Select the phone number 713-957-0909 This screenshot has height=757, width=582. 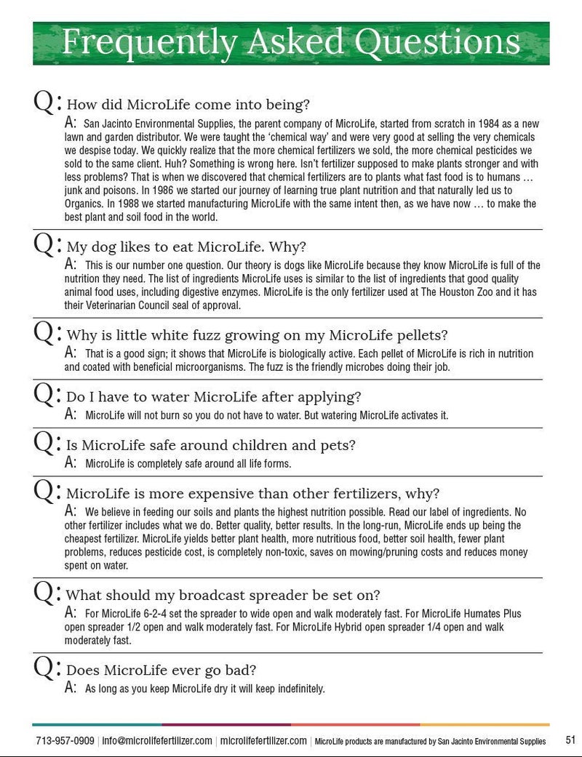[65, 741]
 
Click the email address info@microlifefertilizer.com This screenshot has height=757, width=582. [157, 741]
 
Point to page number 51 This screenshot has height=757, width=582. [570, 740]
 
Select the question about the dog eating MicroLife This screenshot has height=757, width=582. [186, 246]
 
